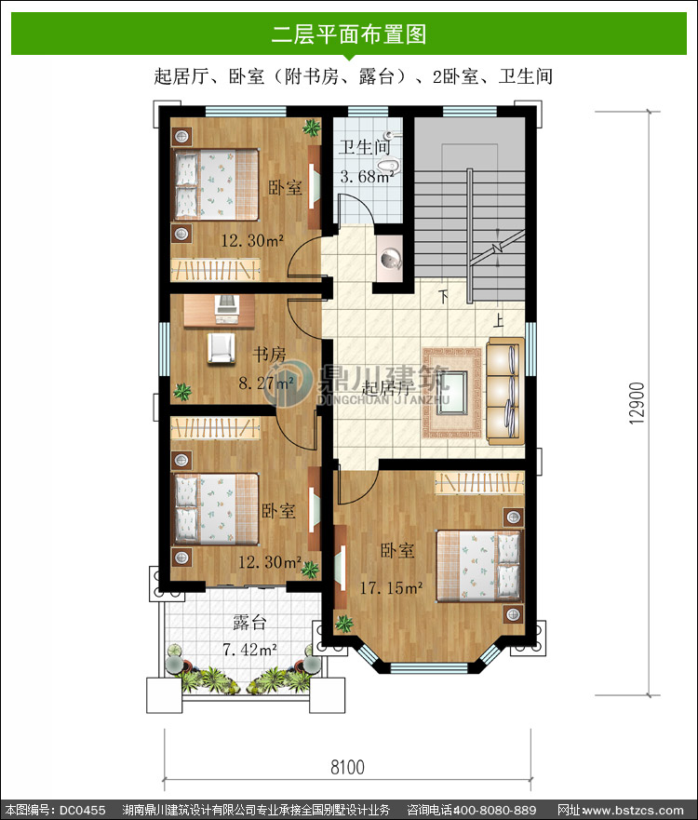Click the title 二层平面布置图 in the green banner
tap(349, 34)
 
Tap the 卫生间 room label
tap(365, 147)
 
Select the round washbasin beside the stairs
tap(390, 259)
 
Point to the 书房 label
tap(269, 355)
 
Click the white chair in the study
tap(221, 348)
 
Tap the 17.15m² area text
tap(391, 587)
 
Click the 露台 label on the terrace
tap(250, 623)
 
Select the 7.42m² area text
tap(249, 650)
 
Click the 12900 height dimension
tap(637, 403)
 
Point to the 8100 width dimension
tap(347, 767)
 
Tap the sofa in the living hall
tap(505, 391)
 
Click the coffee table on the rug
tap(451, 392)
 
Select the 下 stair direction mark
tap(443, 297)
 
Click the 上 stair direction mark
tap(499, 319)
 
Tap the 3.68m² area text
tap(367, 176)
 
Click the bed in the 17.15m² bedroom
tap(479, 566)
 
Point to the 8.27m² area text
tap(266, 383)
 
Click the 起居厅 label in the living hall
tap(387, 388)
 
